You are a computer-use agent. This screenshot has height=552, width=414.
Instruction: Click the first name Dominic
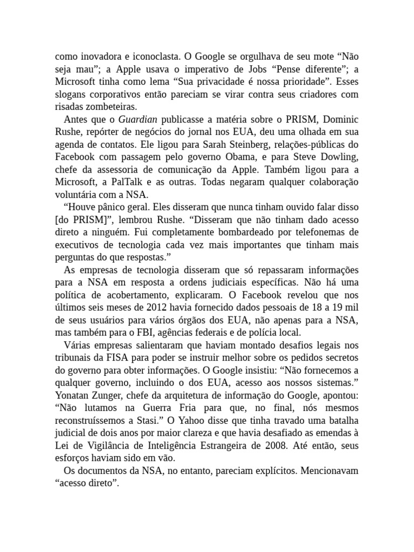340,119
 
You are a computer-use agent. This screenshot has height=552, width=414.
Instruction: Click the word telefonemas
332,232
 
